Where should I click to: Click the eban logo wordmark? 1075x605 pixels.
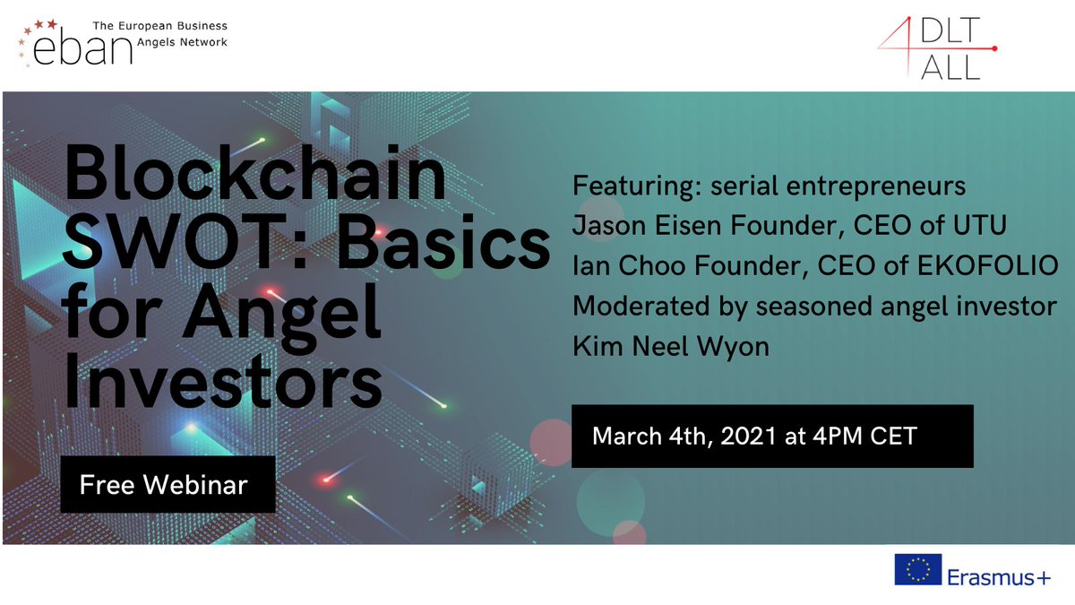coord(82,50)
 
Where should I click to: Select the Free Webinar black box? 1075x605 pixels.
coord(168,485)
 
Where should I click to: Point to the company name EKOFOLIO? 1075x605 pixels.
coord(984,266)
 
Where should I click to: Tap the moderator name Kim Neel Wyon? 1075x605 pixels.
coord(671,347)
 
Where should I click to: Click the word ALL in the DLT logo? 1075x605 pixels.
coord(950,67)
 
